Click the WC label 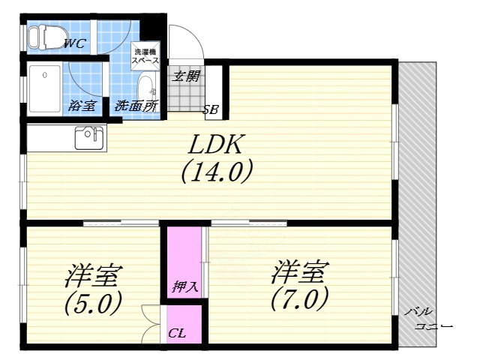pos(74,43)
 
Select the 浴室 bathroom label pos(81,106)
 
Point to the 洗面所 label pos(136,106)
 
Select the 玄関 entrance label pos(186,75)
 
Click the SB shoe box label pos(211,110)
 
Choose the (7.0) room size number pos(299,299)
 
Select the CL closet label pos(177,332)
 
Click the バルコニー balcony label pos(430,319)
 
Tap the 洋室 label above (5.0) pos(94,277)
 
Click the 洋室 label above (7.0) pos(301,271)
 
